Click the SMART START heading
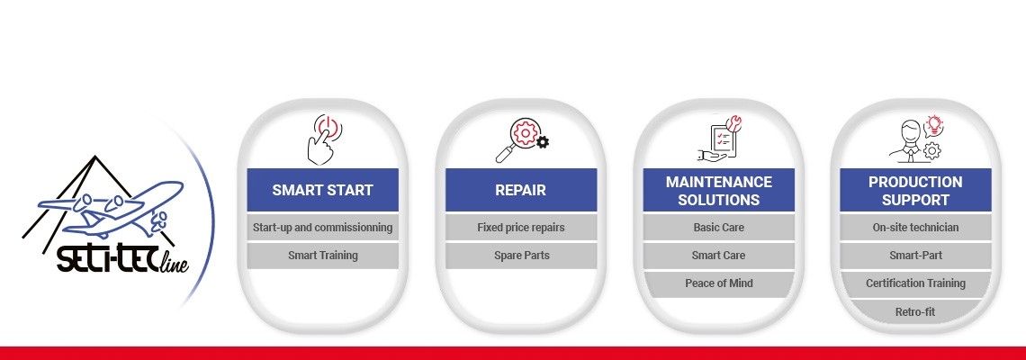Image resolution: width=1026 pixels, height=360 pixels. pos(322,190)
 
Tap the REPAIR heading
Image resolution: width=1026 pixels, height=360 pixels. pos(521,190)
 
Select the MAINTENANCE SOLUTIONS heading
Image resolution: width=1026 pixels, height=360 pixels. pos(718,190)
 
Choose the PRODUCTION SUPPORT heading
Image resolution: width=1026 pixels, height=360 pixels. pos(915,190)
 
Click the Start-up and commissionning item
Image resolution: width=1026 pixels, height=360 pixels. pos(322,228)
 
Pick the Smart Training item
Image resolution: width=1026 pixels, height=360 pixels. pos(322,256)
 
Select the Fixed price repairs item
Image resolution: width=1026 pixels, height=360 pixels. pos(521,228)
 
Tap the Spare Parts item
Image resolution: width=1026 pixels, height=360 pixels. pos(521,256)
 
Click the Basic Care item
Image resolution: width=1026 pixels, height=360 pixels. pos(718,228)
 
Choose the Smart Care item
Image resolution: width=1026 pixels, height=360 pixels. pos(718,256)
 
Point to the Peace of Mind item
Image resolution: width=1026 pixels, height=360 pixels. pos(718,283)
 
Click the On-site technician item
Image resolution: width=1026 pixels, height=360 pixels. pos(915,228)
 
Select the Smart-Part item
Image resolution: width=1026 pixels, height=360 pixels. pos(915,256)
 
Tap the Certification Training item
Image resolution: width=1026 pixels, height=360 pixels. pos(915,283)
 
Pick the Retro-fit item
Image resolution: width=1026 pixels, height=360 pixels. pos(915,311)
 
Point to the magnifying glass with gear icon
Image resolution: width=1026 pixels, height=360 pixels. pos(521,140)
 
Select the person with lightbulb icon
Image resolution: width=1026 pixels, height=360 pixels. pos(915,138)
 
